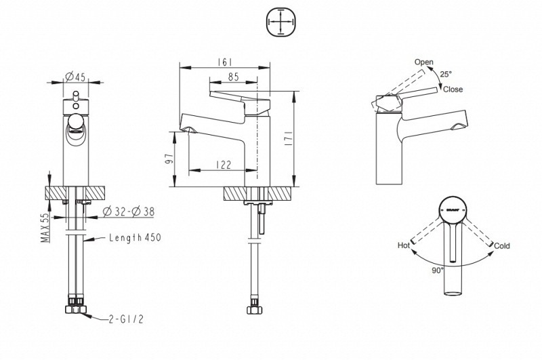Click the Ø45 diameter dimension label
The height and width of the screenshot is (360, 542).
point(76,76)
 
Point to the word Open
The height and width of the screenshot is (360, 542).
point(424,62)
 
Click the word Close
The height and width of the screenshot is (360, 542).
point(453,89)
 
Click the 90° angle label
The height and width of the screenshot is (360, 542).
point(437,270)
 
